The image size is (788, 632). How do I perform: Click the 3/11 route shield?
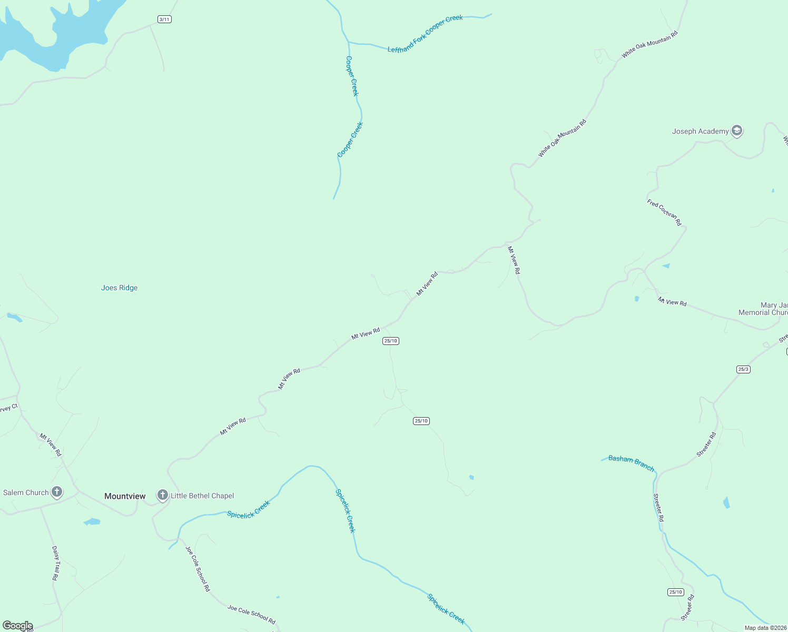point(164,19)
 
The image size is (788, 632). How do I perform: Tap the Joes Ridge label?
point(119,288)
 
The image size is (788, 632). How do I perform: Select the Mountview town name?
point(125,496)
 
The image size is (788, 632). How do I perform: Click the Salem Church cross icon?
point(57,492)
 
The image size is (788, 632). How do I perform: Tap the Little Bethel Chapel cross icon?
point(163,495)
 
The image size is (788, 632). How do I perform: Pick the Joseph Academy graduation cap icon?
point(737,131)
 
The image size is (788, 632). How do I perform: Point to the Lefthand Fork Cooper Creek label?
point(425,34)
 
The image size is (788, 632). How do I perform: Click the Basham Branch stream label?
point(631,463)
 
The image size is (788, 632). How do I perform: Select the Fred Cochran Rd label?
point(664,212)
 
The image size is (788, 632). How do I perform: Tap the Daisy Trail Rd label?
point(55,563)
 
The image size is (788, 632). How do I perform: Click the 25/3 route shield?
point(743,369)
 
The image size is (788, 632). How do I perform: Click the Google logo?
point(17,626)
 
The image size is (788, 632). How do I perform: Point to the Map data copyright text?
point(765,628)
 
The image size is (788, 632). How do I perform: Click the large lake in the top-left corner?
point(58,32)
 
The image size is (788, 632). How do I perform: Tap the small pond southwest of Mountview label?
point(92,522)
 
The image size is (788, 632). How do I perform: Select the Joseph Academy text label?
point(700,131)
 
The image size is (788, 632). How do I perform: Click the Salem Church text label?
point(26,492)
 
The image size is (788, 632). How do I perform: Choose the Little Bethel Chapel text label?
point(202,496)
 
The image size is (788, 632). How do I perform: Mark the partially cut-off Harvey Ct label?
point(9,408)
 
